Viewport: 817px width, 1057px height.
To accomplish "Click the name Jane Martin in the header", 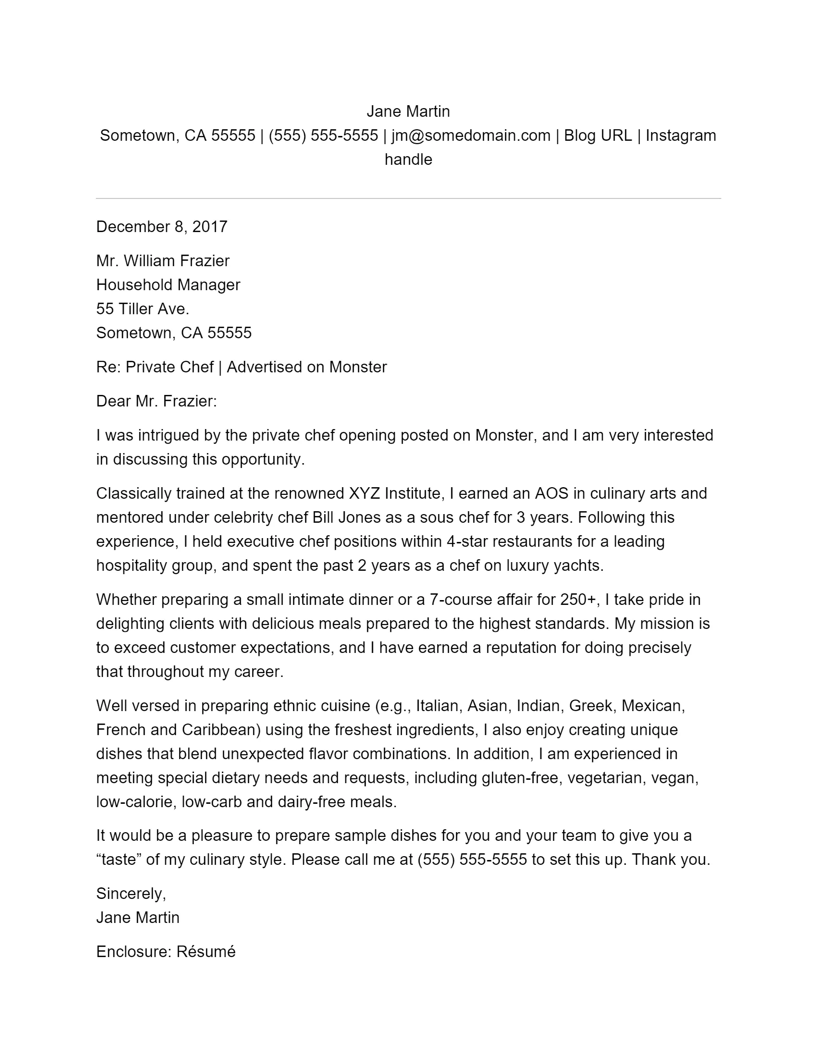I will point(408,111).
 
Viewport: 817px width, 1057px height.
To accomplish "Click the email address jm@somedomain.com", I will point(471,135).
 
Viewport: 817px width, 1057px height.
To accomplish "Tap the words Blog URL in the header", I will point(598,135).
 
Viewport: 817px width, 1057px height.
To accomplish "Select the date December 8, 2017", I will point(161,226).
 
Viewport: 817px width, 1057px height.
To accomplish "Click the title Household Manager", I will point(168,284).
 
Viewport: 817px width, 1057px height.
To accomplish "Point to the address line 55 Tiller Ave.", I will point(142,309).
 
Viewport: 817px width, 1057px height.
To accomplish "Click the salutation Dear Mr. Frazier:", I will point(156,401).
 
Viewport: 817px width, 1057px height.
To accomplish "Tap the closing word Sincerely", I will point(131,894).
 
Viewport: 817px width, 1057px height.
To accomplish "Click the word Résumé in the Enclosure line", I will point(206,951).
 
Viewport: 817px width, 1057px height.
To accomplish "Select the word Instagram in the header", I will point(681,135).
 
